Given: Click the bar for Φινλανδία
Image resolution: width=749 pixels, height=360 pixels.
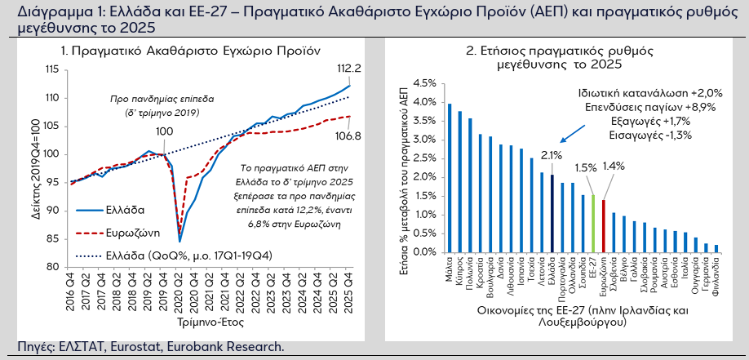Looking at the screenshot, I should [716, 249].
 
